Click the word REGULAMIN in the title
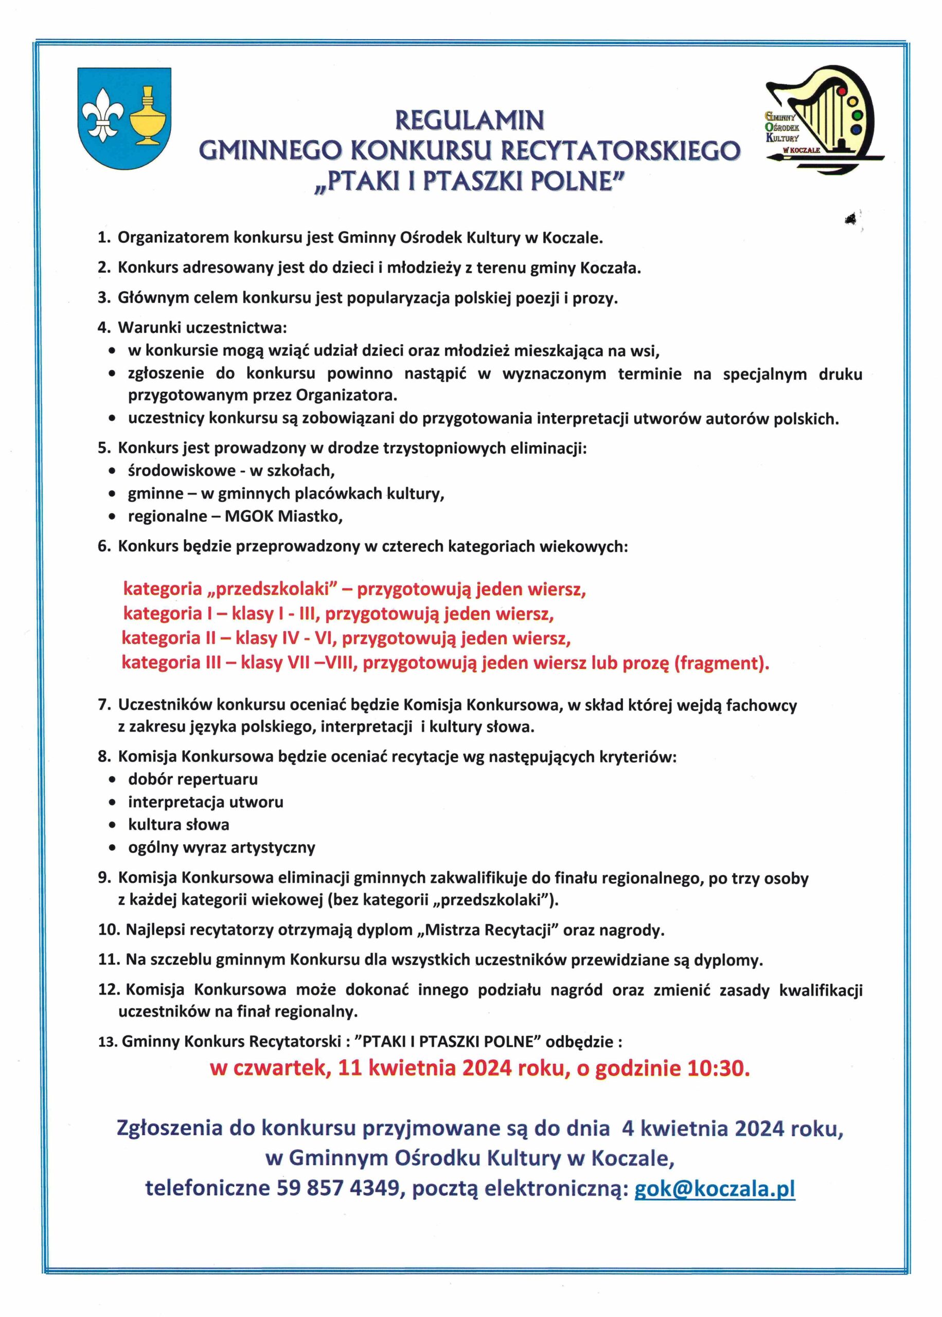click(470, 120)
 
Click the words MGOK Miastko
click(283, 516)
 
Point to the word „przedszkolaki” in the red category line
click(277, 589)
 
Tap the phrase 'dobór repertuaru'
click(193, 779)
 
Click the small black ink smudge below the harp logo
click(851, 218)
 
